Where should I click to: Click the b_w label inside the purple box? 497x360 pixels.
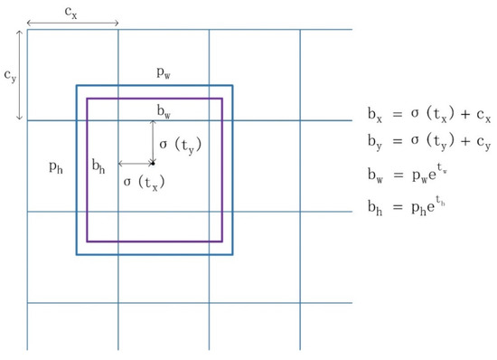point(164,110)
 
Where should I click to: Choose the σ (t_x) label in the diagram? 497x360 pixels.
point(143,181)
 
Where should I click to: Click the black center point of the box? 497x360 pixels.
point(153,164)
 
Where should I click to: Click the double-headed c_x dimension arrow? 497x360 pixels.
point(72,23)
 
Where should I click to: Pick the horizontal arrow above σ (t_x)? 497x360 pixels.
point(135,164)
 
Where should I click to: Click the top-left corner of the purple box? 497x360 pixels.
point(88,98)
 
